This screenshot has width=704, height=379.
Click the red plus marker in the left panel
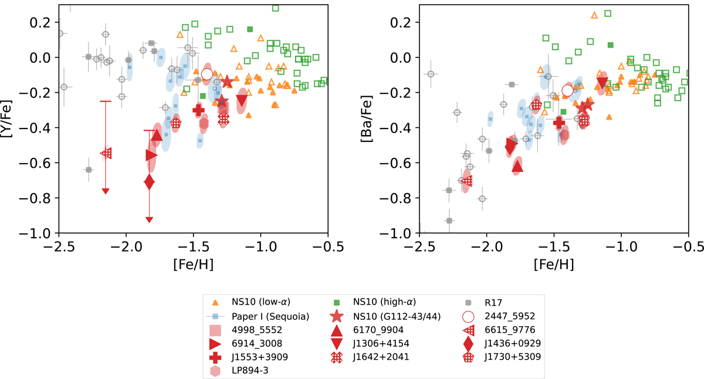pyautogui.click(x=198, y=110)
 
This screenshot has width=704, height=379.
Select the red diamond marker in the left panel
pyautogui.click(x=149, y=182)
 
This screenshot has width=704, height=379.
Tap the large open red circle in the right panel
pyautogui.click(x=567, y=90)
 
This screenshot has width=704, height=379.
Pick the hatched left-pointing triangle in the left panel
pyautogui.click(x=106, y=153)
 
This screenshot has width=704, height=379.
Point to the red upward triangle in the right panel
pyautogui.click(x=517, y=167)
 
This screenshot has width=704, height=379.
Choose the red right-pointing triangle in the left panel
pyautogui.click(x=151, y=155)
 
